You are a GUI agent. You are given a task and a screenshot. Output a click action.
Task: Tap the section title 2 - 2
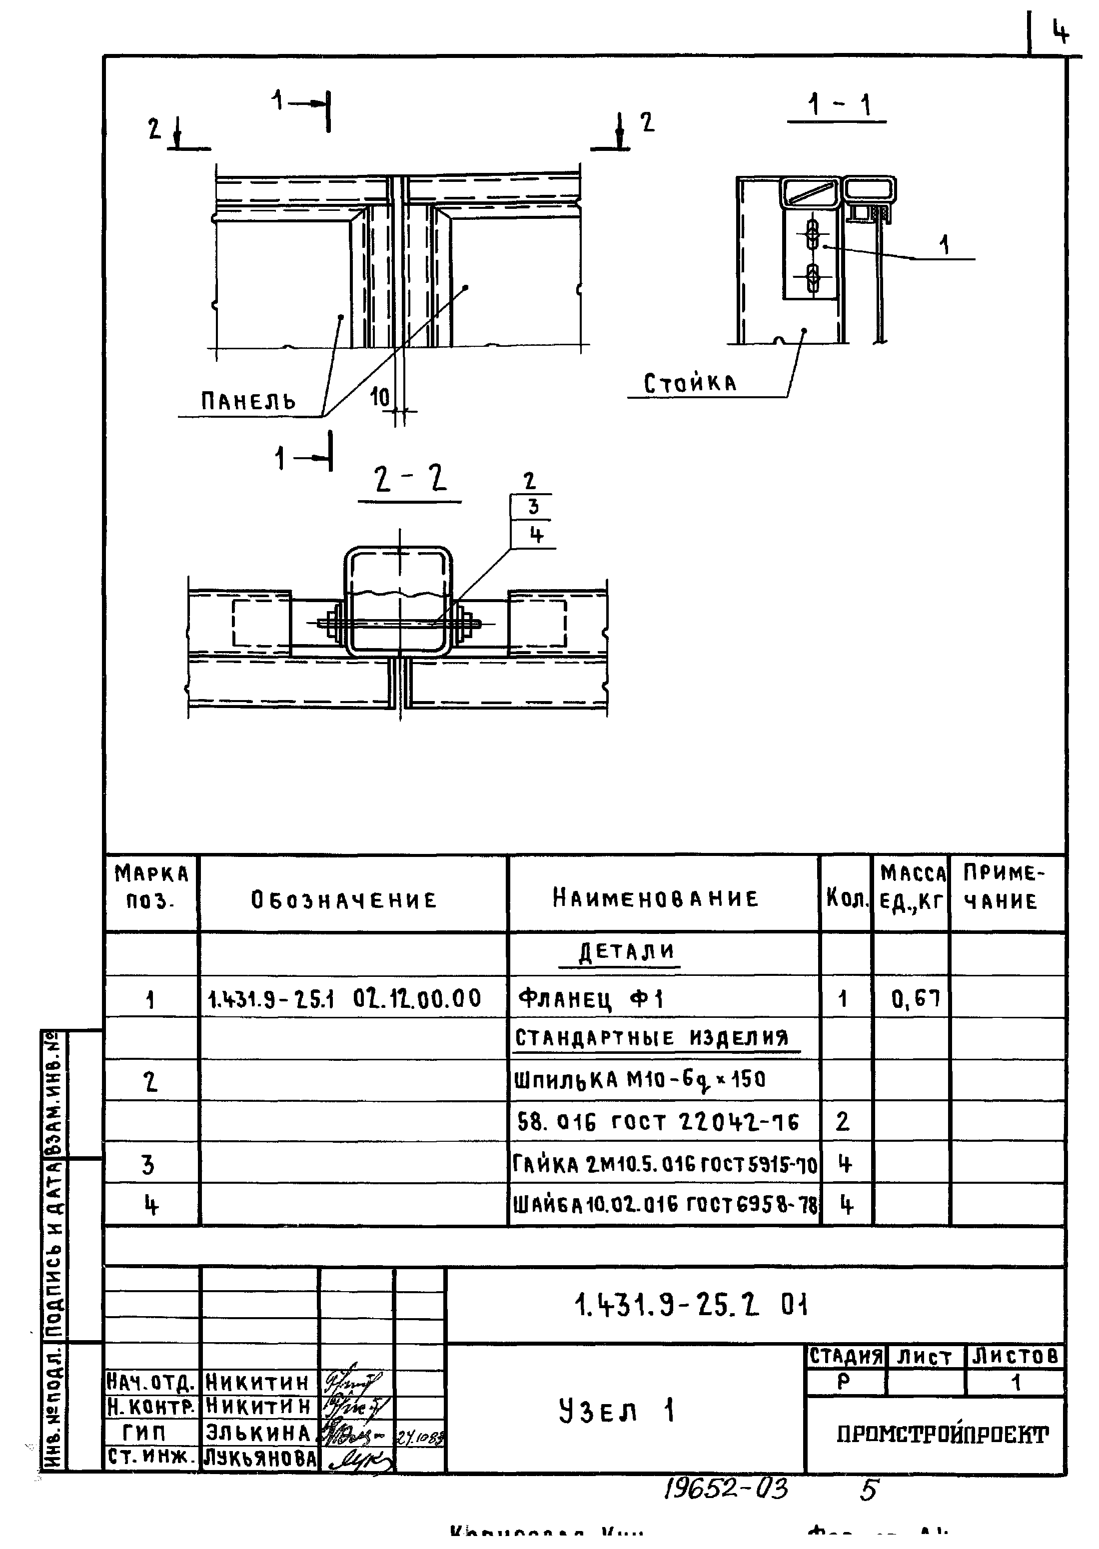(410, 480)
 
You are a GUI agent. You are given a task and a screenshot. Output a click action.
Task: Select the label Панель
(248, 401)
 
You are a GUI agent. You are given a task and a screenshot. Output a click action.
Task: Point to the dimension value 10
(380, 398)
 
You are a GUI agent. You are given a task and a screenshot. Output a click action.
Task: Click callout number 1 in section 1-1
(945, 245)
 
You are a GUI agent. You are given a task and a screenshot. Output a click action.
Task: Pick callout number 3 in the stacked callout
(533, 507)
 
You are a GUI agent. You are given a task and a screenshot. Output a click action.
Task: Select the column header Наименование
(656, 898)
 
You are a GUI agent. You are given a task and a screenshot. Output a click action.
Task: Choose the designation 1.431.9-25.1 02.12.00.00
(344, 998)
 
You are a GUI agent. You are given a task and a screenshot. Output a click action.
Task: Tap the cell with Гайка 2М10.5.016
(665, 1164)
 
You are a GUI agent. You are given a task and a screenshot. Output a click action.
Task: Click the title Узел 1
(617, 1412)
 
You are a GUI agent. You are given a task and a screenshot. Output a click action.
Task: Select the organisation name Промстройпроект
(943, 1434)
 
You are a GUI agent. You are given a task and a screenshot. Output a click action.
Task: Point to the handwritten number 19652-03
(726, 1490)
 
